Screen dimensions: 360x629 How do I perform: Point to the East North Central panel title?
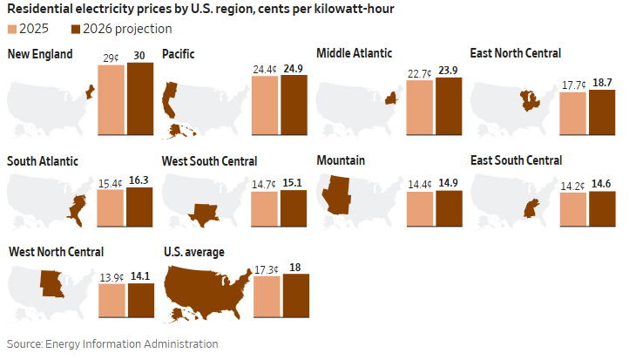pos(515,54)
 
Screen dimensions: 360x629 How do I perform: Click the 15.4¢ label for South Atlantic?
pos(111,183)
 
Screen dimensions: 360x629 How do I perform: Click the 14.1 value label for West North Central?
pos(140,277)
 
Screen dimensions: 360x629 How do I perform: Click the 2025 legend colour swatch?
pos(12,29)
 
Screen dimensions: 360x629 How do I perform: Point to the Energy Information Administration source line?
pos(112,343)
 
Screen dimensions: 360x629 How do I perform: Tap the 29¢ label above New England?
pos(111,58)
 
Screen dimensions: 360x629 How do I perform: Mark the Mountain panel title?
pos(341,160)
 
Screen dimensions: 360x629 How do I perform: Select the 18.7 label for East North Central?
pos(602,82)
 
